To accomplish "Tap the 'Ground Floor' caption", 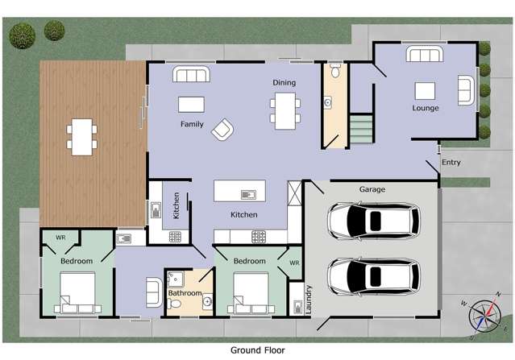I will coord(258,350).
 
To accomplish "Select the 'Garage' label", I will coord(372,189).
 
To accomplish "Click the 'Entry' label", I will coord(452,163).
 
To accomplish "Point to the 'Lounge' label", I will coord(426,108).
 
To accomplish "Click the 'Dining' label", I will coord(284,82).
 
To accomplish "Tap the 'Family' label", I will coord(192,125).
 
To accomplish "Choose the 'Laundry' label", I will coord(309,299).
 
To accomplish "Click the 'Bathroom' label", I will coord(184,293).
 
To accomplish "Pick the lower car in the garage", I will coord(372,276).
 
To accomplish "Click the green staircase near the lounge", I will coord(362,129).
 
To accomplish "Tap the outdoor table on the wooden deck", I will coord(81,136).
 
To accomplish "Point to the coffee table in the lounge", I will coord(425,90).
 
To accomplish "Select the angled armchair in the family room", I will coord(223,130).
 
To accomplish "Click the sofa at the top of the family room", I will coord(192,75).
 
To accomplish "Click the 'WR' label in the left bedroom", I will coord(60,238).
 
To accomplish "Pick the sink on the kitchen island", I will coord(247,193).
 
